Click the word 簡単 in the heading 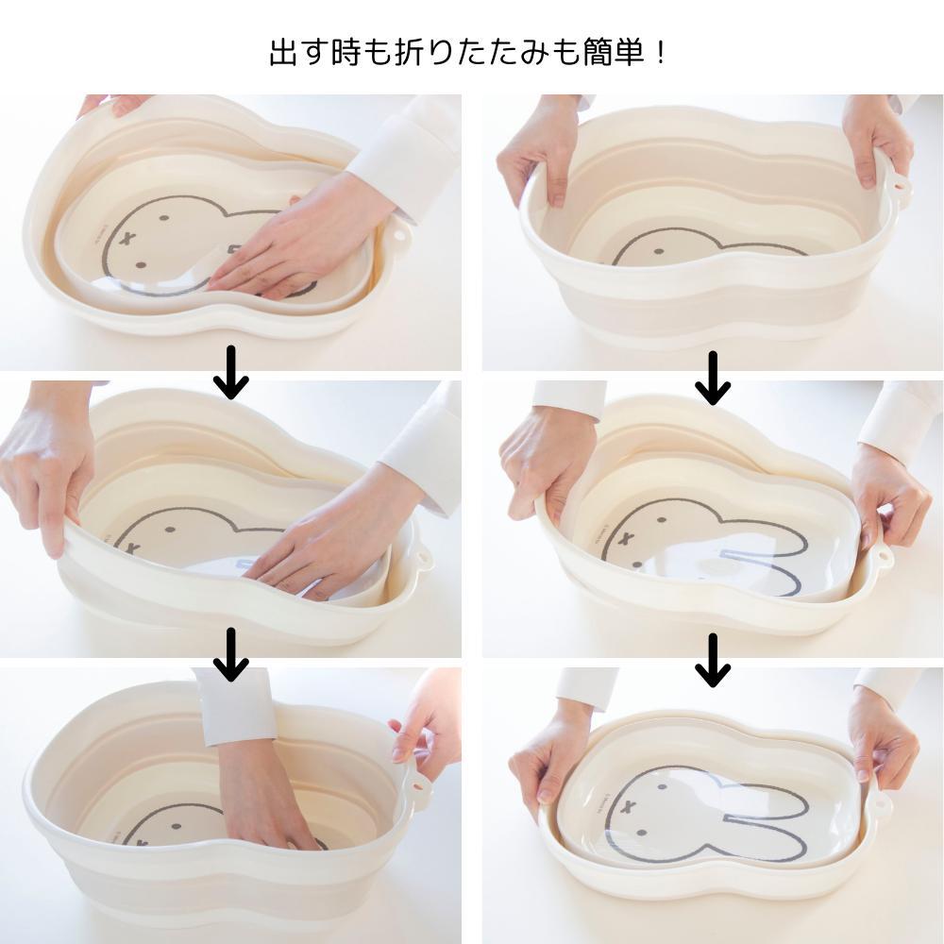(x=615, y=53)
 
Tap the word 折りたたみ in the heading (x=472, y=53)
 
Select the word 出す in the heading (x=299, y=53)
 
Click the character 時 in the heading (x=346, y=53)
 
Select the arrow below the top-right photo (x=713, y=379)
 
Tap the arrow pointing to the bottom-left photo (x=231, y=654)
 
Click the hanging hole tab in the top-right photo (x=900, y=187)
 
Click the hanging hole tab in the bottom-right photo (x=882, y=802)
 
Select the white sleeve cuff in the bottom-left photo (x=236, y=707)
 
